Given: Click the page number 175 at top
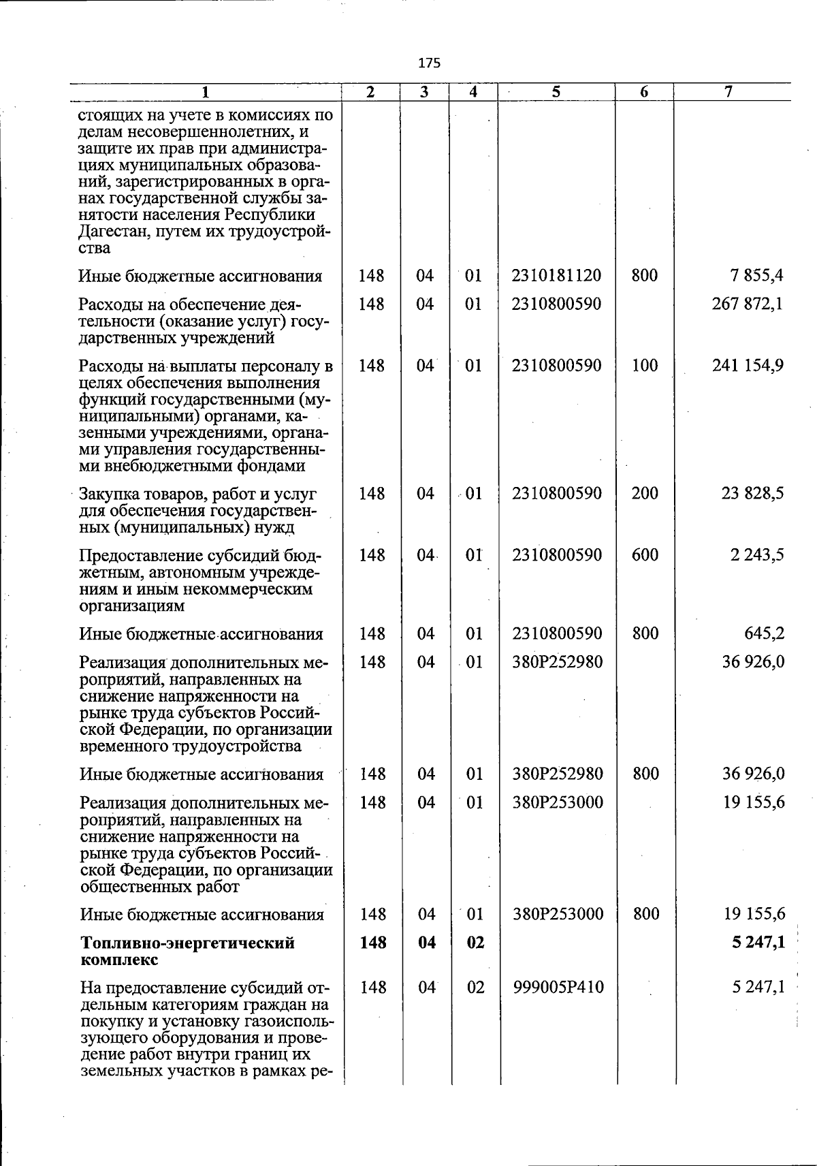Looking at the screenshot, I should tap(430, 63).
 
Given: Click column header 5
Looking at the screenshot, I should tap(556, 92).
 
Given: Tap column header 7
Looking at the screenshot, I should tap(728, 92).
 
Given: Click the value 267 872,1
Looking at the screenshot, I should tap(748, 304).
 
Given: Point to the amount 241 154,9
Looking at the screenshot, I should tap(748, 366).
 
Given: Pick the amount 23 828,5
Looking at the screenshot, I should tap(752, 493).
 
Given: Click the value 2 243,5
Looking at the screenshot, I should tap(757, 555).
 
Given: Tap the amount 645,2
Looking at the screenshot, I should tap(765, 634).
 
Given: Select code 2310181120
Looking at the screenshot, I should tap(557, 276).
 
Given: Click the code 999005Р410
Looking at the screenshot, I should tap(558, 988).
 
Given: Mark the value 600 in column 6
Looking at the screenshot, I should tap(645, 555).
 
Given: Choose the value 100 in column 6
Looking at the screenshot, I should tap(645, 366).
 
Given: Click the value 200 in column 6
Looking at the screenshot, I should tap(645, 493).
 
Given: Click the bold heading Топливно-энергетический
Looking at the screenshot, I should tap(187, 943).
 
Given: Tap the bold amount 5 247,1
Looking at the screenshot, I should tap(757, 943).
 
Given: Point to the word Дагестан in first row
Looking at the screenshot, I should tap(112, 232).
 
